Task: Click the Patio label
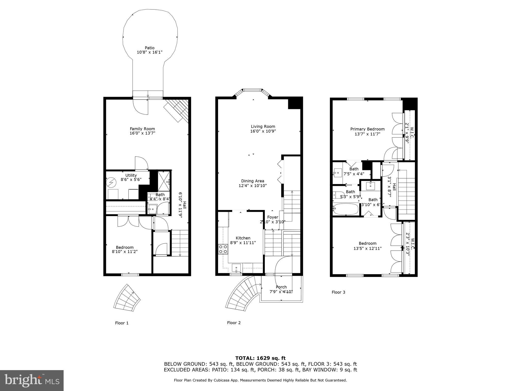[x=150, y=48]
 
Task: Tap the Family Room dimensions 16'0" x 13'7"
[x=142, y=133]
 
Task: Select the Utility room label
[x=131, y=175]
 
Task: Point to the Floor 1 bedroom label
[x=125, y=247]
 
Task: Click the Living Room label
[x=263, y=127]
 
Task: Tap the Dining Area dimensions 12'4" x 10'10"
[x=253, y=186]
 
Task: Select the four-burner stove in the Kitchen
[x=223, y=249]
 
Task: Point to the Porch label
[x=281, y=287]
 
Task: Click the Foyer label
[x=272, y=217]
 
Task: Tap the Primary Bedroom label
[x=367, y=129]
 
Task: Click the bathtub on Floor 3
[x=346, y=209]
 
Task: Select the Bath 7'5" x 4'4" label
[x=354, y=169]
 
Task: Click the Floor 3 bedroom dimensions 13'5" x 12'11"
[x=368, y=248]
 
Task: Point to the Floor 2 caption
[x=234, y=323]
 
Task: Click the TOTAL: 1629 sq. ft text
[x=260, y=358]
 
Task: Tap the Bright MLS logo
[x=32, y=381]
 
